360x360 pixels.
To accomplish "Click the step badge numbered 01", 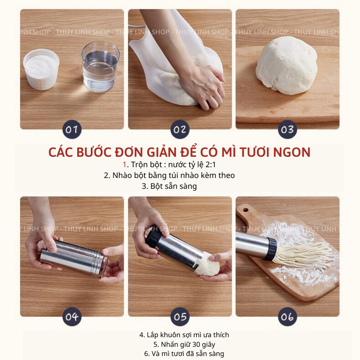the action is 72,129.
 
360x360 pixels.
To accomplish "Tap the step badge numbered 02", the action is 180,129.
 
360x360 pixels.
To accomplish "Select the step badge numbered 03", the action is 288,129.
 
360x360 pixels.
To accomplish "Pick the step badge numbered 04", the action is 72,317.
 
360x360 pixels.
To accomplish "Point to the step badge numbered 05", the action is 180,317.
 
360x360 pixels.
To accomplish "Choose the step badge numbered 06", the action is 288,317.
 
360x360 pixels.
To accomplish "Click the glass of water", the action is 100,66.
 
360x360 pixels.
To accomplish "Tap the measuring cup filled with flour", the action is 41,69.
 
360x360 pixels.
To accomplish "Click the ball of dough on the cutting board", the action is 286,65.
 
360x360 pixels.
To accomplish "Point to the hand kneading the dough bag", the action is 202,86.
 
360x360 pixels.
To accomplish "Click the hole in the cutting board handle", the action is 246,210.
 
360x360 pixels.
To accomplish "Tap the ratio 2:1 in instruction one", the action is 210,165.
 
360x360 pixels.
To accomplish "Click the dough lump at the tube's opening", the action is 207,264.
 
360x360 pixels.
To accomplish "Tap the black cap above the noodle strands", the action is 270,249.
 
